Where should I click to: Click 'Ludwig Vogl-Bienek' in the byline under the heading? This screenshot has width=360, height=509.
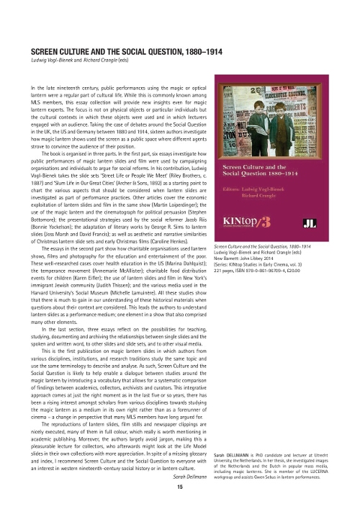tap(50, 60)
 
